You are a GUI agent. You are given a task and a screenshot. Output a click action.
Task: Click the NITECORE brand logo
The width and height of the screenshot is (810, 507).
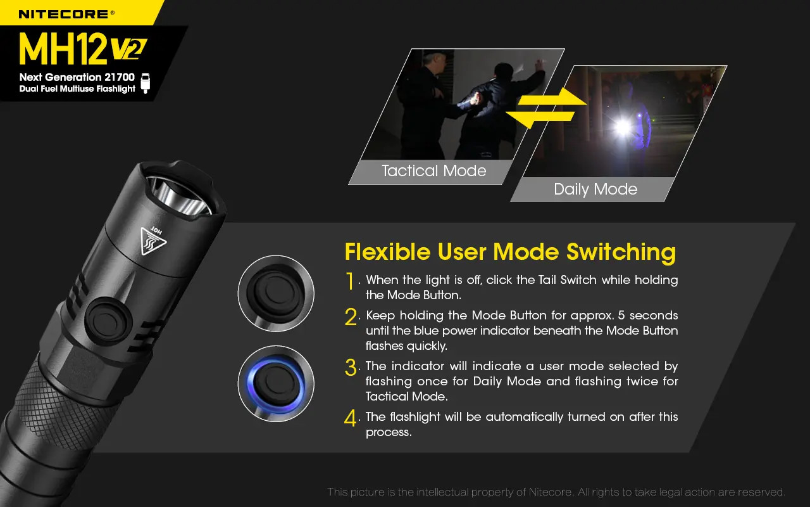click(66, 13)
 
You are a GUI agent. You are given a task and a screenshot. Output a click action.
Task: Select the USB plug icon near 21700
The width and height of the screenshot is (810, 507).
click(146, 82)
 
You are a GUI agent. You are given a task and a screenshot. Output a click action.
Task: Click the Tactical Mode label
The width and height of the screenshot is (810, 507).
click(433, 171)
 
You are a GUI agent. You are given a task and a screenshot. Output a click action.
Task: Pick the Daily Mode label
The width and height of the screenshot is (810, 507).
click(595, 189)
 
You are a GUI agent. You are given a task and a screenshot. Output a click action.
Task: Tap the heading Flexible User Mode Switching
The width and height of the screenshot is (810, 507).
click(510, 252)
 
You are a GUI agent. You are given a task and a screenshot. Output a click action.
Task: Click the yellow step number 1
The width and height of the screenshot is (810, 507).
click(350, 281)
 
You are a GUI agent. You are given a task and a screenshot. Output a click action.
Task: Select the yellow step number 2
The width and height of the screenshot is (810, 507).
click(351, 317)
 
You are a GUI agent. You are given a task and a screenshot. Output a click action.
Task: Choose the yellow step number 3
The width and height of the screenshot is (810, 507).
click(351, 368)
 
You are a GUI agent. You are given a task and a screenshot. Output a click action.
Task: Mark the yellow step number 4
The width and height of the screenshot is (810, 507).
click(351, 418)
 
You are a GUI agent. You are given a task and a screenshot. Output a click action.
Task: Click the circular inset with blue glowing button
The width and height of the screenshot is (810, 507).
click(276, 384)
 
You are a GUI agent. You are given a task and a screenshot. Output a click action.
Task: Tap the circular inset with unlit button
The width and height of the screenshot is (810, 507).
click(276, 293)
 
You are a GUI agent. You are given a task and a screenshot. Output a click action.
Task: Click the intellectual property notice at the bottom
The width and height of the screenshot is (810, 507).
click(556, 492)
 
